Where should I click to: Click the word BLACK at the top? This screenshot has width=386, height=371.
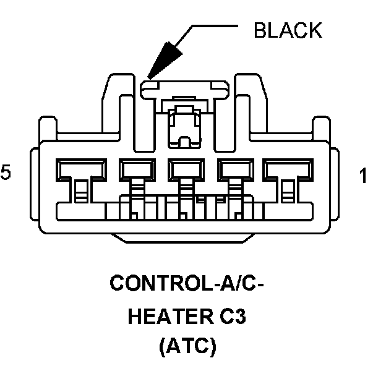point(288,29)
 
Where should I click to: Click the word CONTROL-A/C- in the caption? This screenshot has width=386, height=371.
point(188,284)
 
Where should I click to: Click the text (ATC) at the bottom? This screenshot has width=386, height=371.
point(188,348)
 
